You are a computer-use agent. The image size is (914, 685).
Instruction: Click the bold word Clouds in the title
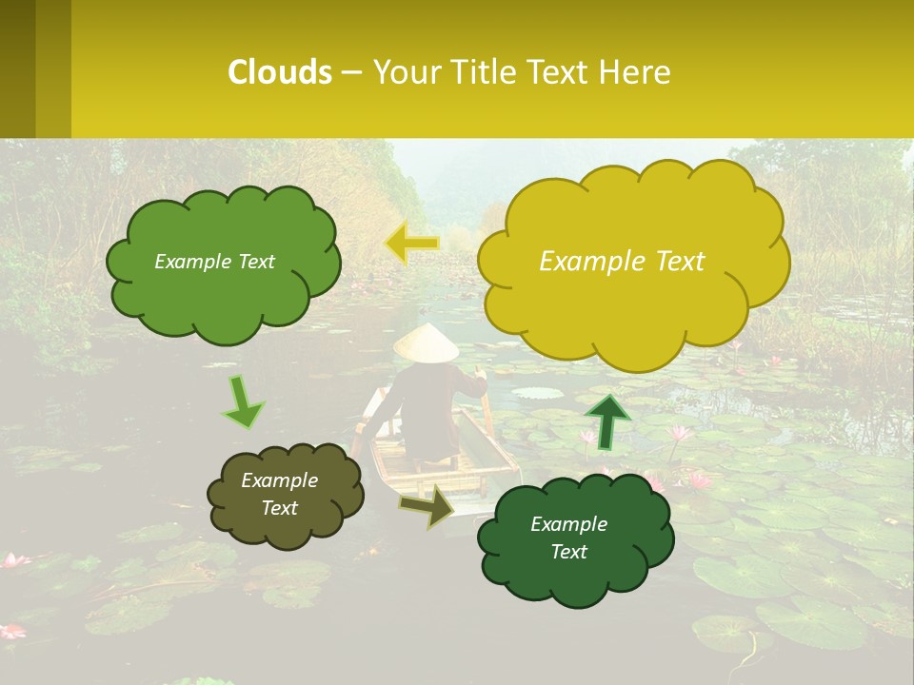280,72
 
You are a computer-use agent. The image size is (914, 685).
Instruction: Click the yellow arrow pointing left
412,244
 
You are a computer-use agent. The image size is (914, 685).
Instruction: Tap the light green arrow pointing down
243,402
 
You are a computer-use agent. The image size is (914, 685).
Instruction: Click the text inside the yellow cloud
622,262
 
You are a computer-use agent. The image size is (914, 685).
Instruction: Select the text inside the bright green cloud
214,262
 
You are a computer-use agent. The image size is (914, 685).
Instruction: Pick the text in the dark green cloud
568,538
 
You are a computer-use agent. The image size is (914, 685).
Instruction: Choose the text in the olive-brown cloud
279,495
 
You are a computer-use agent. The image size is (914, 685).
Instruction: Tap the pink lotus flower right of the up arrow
679,435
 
